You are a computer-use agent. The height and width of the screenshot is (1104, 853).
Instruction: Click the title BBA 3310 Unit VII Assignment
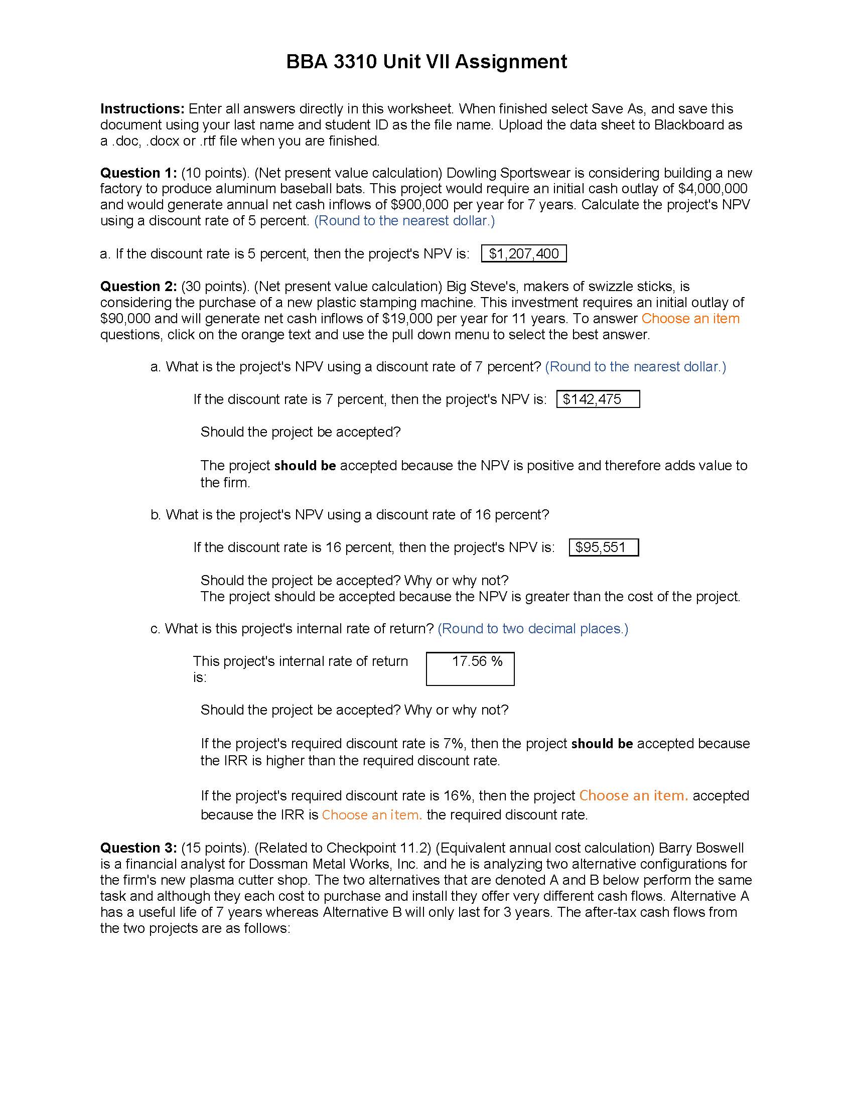tap(426, 62)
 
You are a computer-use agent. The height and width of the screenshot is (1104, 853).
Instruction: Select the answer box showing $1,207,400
tap(523, 253)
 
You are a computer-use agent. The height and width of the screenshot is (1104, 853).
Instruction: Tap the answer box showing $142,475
tap(597, 399)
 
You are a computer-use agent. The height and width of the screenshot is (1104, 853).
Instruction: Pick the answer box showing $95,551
tap(603, 547)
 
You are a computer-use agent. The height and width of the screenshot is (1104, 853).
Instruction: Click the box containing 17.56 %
tap(470, 668)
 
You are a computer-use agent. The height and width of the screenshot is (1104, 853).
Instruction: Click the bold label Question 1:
tap(138, 173)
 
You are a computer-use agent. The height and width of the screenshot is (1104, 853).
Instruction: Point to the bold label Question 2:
tap(138, 286)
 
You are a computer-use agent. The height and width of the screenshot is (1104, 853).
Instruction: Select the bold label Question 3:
tap(138, 848)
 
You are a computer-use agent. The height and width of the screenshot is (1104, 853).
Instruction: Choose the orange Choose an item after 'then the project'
tap(633, 796)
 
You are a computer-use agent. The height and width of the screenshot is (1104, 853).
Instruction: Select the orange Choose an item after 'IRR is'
tap(371, 815)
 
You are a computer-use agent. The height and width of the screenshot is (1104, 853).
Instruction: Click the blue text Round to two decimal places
tap(532, 628)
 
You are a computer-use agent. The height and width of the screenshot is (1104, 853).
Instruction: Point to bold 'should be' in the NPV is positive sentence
tap(305, 466)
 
